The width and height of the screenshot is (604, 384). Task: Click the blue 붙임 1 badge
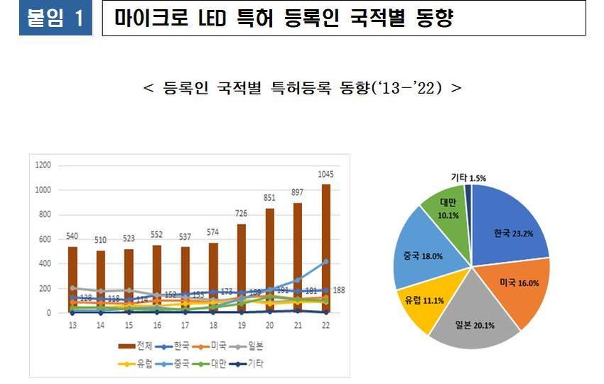(55, 18)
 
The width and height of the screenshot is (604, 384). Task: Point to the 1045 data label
(326, 174)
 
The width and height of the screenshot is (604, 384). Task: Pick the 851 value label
(270, 199)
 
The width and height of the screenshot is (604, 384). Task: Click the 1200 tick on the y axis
(43, 165)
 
